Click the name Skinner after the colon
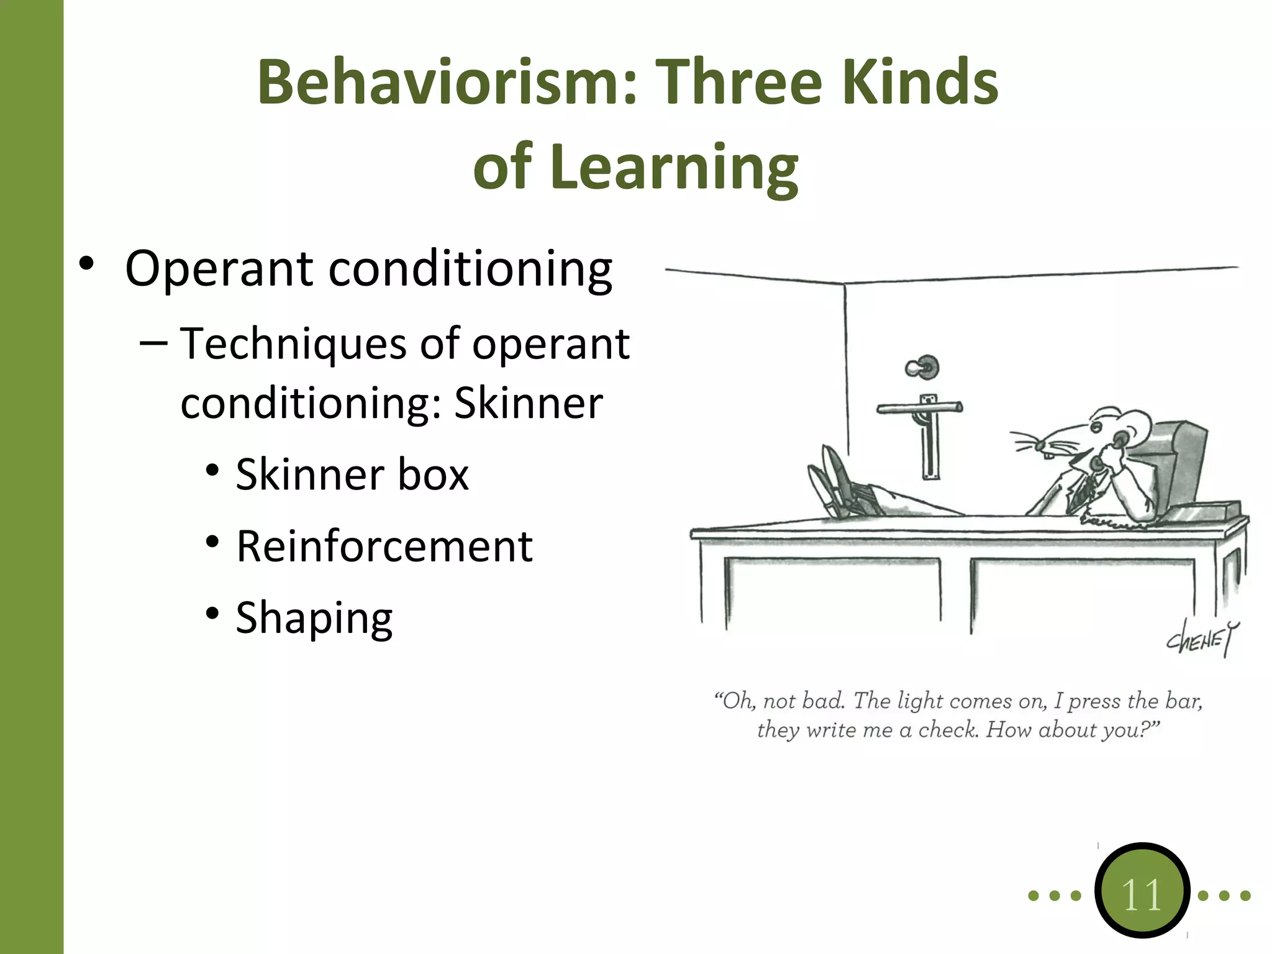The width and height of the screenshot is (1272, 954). (529, 404)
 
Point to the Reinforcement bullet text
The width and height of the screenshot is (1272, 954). (384, 547)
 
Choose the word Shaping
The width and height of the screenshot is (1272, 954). (314, 618)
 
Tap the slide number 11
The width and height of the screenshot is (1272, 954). (1142, 894)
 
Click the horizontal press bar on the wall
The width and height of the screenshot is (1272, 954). (919, 408)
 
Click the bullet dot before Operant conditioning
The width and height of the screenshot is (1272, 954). (86, 264)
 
